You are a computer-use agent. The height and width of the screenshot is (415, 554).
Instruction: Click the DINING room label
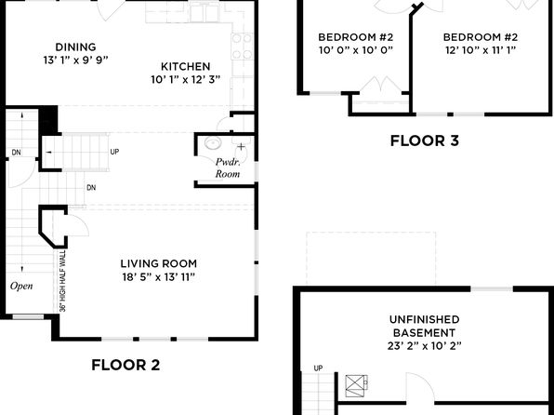75,47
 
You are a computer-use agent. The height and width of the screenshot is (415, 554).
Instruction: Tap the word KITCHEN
186,66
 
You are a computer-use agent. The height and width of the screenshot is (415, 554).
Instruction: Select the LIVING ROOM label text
159,263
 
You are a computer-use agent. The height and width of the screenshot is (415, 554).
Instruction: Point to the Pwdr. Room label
228,167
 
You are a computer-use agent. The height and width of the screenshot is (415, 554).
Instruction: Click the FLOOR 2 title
125,365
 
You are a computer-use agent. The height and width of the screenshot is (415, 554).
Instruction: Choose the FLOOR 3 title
425,141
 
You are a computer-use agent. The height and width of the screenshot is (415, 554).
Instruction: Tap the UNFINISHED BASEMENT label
425,326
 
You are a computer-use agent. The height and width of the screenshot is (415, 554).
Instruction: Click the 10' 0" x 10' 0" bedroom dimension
356,50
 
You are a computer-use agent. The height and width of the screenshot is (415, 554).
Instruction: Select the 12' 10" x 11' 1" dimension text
481,50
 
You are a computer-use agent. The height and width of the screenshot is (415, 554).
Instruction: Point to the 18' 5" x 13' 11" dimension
159,277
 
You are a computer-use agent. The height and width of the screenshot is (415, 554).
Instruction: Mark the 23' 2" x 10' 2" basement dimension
425,345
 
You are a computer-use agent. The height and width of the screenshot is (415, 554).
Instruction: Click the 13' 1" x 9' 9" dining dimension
75,60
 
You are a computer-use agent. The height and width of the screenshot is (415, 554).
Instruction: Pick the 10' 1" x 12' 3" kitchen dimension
186,80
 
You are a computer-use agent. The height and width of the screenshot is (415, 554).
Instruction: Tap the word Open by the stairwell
21,286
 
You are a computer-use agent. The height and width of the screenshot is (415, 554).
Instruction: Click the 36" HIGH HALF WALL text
63,281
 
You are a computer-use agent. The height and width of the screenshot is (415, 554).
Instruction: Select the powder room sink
213,143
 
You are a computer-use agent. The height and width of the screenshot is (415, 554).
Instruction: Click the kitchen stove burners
242,46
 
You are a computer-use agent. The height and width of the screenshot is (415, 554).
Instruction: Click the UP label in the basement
318,368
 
